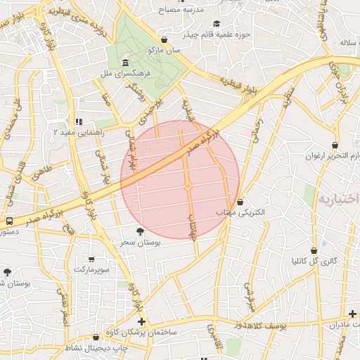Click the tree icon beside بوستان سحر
coord(141,231)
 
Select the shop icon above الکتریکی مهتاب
coord(241,202)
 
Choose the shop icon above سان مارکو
coord(164,40)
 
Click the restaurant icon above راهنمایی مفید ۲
coord(79,122)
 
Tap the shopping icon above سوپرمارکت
coord(91,259)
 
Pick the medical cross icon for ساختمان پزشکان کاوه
coord(142,321)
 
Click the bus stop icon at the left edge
coord(9,221)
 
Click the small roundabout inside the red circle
coord(188,186)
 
